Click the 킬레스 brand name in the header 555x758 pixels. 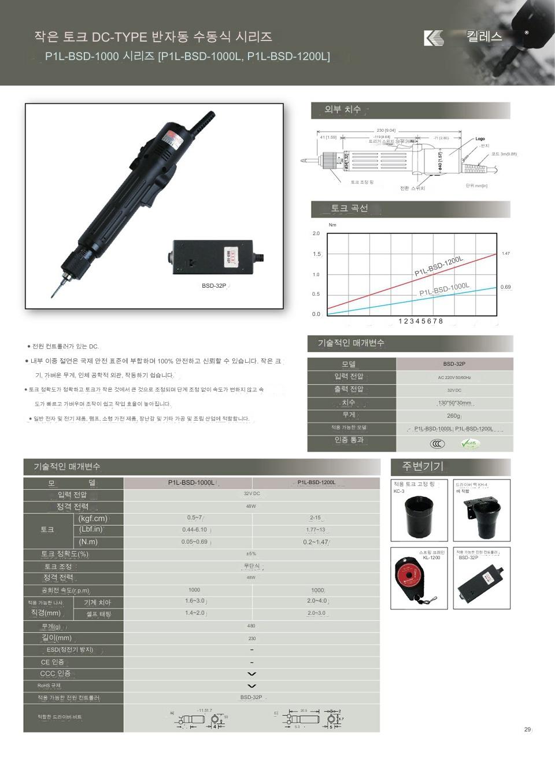[484, 36]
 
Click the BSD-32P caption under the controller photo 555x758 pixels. [214, 286]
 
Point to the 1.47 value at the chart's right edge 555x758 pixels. [506, 254]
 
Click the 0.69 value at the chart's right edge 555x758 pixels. [506, 287]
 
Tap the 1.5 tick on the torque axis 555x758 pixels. [317, 254]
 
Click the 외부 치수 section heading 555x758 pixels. [343, 110]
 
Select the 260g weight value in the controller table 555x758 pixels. [454, 415]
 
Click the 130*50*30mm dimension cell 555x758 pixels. [454, 403]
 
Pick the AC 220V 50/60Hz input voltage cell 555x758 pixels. [454, 377]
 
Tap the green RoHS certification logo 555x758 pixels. [470, 444]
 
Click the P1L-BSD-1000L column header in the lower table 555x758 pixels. [191, 482]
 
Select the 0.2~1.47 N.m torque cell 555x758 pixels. [316, 543]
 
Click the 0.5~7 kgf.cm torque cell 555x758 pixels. [195, 518]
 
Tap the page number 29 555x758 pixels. [527, 730]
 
